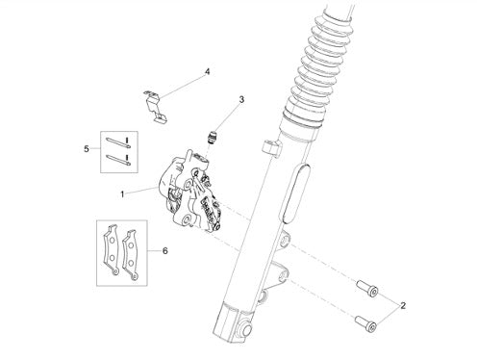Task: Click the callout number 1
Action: click(x=122, y=194)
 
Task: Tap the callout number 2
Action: click(x=403, y=305)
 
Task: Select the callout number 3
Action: click(x=241, y=99)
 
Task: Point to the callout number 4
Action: click(x=208, y=71)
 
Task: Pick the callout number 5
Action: click(x=87, y=149)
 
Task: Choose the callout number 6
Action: click(x=164, y=250)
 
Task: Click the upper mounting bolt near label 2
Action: click(x=367, y=288)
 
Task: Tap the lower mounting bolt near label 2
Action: click(x=365, y=323)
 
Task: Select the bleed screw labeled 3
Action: click(x=212, y=137)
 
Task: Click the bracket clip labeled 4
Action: click(x=155, y=106)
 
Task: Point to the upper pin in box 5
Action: click(x=117, y=142)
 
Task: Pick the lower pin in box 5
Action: click(x=117, y=160)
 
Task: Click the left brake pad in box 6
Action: click(x=112, y=249)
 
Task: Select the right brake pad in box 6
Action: click(x=131, y=254)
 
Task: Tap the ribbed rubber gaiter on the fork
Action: click(x=317, y=64)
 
